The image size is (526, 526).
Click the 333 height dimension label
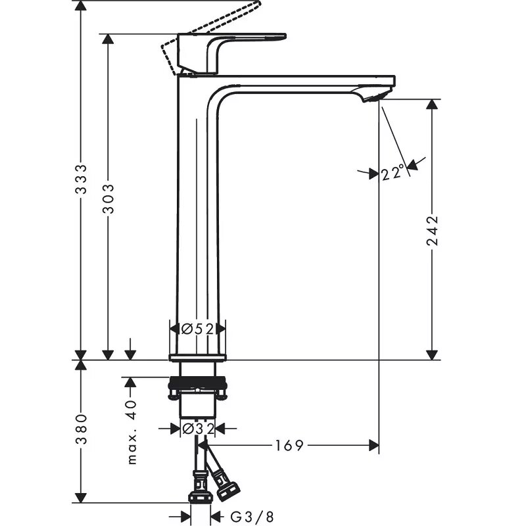(81, 179)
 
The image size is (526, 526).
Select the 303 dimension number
(108, 199)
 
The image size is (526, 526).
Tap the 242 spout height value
(433, 231)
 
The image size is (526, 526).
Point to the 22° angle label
(393, 173)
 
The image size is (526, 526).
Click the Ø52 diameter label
(197, 329)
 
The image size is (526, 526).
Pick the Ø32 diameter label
(198, 429)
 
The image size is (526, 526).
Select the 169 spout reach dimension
(289, 446)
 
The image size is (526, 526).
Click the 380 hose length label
(81, 429)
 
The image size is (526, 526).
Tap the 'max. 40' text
(133, 432)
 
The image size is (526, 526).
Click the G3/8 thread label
(252, 517)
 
